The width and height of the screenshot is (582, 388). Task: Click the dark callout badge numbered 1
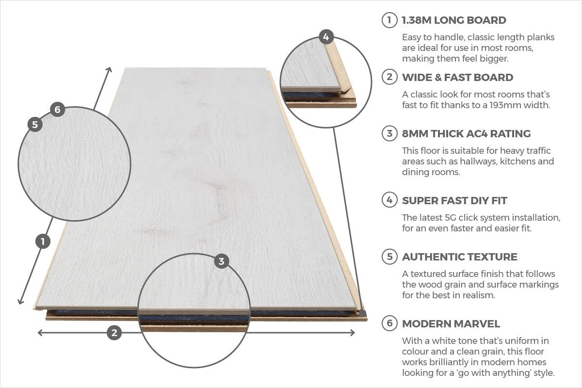[43, 241]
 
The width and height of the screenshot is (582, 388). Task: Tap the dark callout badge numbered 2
[114, 333]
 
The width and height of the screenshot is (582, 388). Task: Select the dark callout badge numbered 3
[222, 261]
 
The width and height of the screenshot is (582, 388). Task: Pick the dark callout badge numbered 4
[326, 37]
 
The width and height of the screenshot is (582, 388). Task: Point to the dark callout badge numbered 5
[35, 125]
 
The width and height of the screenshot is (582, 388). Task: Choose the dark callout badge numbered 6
[57, 110]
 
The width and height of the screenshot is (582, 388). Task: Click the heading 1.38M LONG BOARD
[454, 20]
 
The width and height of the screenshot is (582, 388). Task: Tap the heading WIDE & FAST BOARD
[457, 77]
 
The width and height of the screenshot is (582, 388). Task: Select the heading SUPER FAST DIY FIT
[454, 200]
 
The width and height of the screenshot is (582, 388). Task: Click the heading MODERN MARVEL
[451, 323]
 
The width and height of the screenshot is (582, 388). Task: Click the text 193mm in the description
[504, 105]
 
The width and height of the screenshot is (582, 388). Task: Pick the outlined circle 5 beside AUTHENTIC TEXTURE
[389, 257]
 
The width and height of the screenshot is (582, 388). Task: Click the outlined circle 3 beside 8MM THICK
[389, 133]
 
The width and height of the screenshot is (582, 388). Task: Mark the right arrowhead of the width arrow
[353, 333]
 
